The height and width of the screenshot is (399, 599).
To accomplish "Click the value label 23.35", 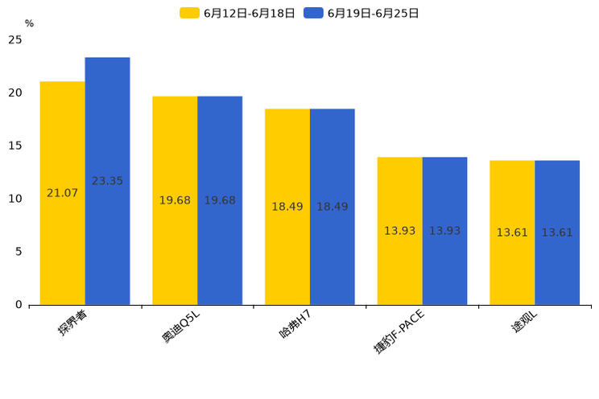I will (x=107, y=181).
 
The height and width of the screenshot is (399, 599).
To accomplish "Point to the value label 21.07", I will (x=63, y=193).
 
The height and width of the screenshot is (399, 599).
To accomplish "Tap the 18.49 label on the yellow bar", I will (x=287, y=207).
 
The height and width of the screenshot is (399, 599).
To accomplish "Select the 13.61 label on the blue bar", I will (x=557, y=232).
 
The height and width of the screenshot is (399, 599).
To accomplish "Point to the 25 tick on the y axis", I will (x=15, y=39).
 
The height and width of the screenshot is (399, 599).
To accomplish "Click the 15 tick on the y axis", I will (x=15, y=146).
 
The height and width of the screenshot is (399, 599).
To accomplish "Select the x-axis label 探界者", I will (x=72, y=323).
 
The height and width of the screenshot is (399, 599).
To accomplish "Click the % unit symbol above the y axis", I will (x=29, y=23).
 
